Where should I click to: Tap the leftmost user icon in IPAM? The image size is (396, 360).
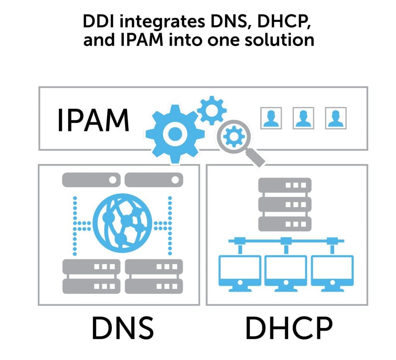coord(271,118)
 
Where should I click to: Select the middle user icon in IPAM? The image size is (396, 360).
coord(304,118)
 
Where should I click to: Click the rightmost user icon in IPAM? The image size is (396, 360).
coord(336,118)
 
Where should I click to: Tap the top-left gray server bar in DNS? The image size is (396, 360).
coord(91,180)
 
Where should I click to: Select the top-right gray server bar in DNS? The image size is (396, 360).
coord(154,180)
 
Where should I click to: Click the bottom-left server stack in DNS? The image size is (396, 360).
coord(91,276)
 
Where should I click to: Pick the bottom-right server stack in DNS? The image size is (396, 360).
coord(154,276)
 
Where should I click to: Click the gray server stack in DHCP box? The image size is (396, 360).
coord(285,204)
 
